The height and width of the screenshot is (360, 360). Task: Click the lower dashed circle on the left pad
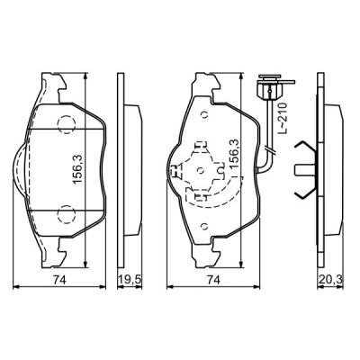point(66,213)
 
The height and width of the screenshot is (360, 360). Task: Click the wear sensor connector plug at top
point(266,88)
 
